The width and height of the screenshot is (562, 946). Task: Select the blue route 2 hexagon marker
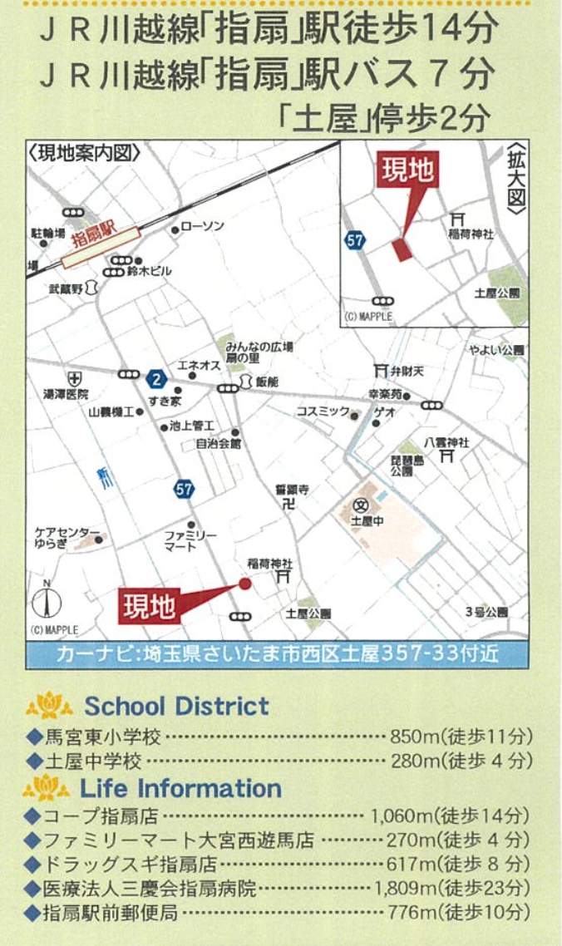pos(155,380)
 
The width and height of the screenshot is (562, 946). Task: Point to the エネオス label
pos(198,366)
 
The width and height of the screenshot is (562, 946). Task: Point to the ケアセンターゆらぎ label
pos(67,538)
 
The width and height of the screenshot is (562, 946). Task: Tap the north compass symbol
pos(47,601)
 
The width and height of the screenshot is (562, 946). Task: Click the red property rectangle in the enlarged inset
pos(402,249)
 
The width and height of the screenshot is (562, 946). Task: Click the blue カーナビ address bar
pos(277,653)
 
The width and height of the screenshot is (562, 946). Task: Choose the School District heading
pos(176,707)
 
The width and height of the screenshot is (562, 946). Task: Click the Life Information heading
pos(180,787)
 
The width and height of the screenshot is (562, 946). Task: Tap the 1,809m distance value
pos(403,889)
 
